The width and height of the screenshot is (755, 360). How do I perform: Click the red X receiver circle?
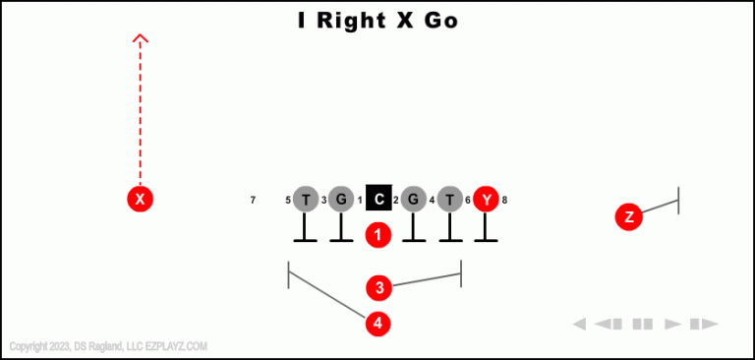[x=141, y=200]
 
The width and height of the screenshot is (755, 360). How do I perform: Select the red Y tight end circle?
[x=486, y=200]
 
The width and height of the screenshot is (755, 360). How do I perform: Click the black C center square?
[x=378, y=200]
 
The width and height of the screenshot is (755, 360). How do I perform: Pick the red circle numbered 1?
[x=378, y=235]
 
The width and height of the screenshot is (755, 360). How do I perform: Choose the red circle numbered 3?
[x=379, y=287]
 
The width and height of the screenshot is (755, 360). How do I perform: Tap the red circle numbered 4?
[x=378, y=323]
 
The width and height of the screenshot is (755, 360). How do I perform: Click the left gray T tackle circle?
[x=306, y=200]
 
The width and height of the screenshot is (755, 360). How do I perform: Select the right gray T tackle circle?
[x=449, y=200]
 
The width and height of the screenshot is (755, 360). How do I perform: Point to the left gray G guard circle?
[x=341, y=200]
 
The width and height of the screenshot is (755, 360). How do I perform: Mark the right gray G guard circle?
[x=414, y=200]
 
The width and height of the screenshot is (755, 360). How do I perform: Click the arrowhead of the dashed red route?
[x=141, y=39]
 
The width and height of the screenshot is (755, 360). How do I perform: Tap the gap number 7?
[x=253, y=201]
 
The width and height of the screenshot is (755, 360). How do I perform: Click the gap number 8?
[x=504, y=201]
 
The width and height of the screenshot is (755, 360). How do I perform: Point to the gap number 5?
[x=288, y=201]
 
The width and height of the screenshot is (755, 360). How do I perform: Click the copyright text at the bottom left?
[x=108, y=346]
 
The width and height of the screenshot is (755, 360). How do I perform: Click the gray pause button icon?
[x=643, y=324]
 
